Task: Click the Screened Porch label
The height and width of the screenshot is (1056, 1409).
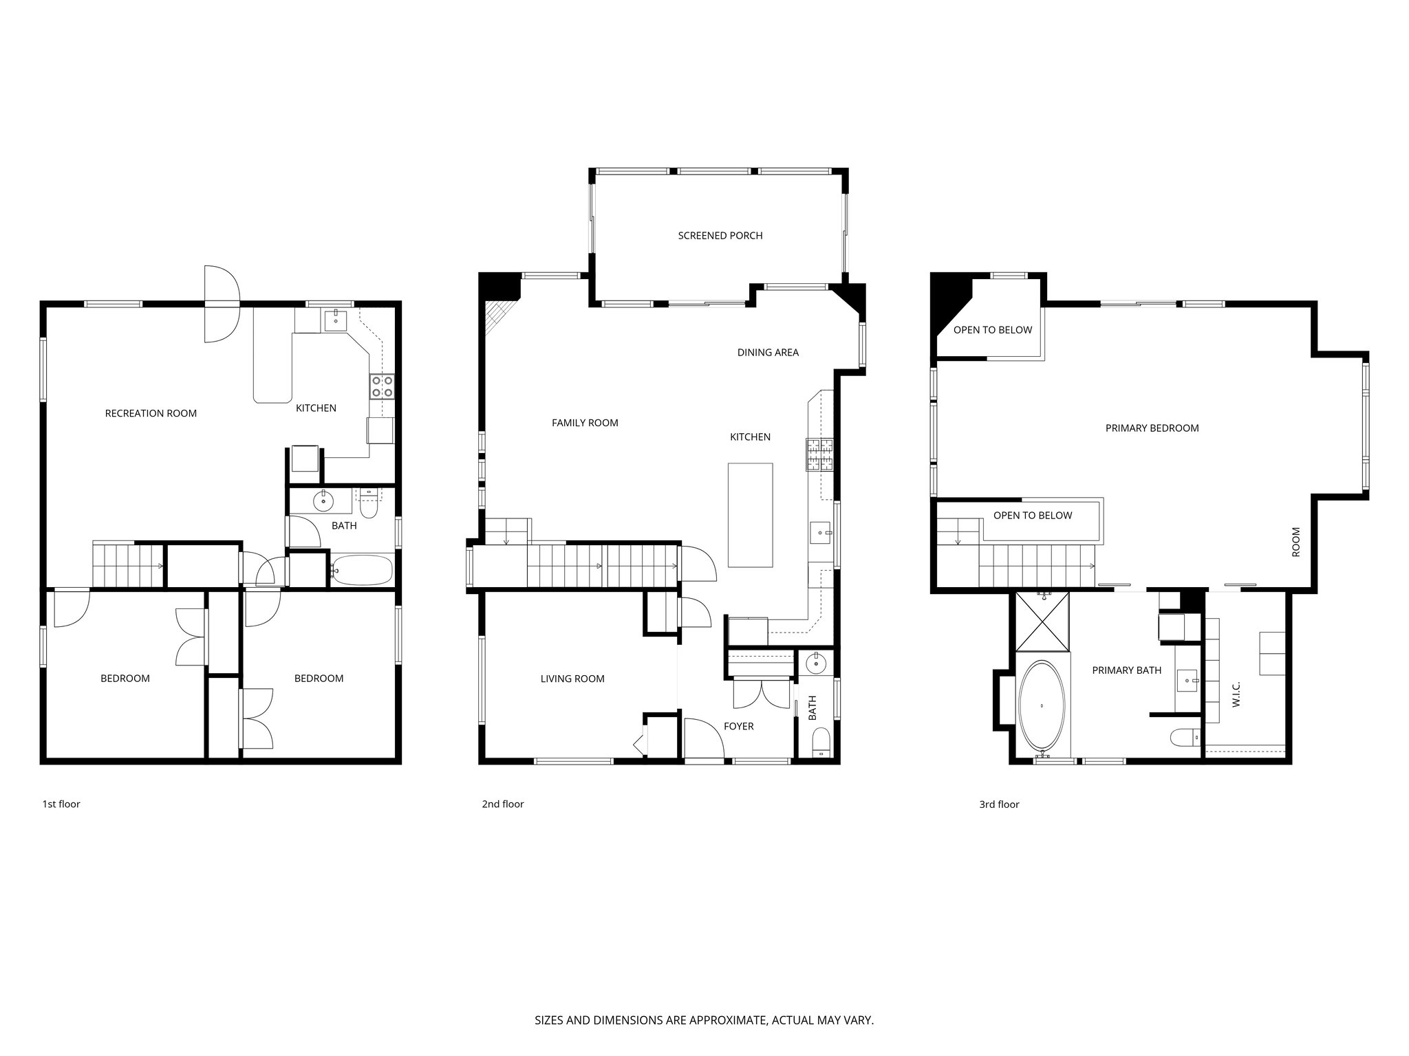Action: click(x=720, y=236)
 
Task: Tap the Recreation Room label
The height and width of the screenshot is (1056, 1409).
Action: click(x=151, y=413)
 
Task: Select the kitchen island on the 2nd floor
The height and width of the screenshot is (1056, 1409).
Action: click(x=750, y=515)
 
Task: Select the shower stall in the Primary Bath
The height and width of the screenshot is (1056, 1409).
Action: click(x=1042, y=621)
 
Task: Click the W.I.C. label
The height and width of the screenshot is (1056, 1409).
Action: click(x=1236, y=694)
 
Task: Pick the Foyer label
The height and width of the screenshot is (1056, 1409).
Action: click(x=738, y=726)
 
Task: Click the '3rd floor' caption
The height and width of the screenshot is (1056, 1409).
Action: click(x=999, y=804)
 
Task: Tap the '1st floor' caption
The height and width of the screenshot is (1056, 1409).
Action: click(x=61, y=804)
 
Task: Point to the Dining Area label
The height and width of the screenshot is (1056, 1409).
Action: click(x=768, y=353)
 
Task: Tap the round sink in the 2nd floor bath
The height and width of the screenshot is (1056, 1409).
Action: click(x=817, y=664)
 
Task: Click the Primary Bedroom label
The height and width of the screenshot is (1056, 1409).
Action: click(x=1152, y=428)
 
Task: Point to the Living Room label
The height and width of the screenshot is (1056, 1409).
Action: click(x=572, y=679)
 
